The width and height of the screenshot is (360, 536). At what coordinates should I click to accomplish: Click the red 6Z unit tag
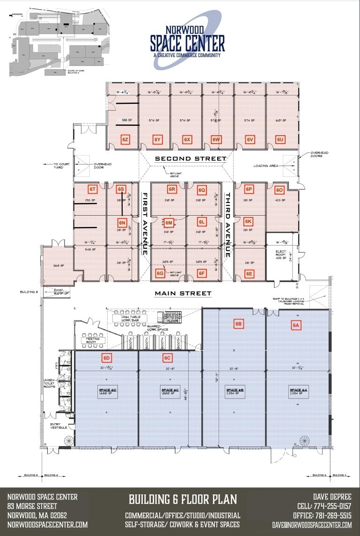click(125, 139)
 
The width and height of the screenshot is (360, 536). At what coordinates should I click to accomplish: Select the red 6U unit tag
click(280, 139)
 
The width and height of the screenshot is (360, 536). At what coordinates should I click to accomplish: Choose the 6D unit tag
click(107, 358)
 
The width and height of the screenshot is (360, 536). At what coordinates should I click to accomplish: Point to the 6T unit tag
click(93, 189)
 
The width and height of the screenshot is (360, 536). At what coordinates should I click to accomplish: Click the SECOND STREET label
click(191, 159)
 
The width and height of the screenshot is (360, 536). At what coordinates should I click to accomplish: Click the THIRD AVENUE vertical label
click(228, 225)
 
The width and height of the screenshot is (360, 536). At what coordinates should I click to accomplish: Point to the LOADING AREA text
click(265, 166)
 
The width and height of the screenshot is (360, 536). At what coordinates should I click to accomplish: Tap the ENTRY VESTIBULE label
click(59, 426)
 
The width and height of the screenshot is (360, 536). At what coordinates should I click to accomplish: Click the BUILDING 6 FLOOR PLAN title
click(183, 500)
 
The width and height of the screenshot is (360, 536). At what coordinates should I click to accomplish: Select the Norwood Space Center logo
click(187, 40)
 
